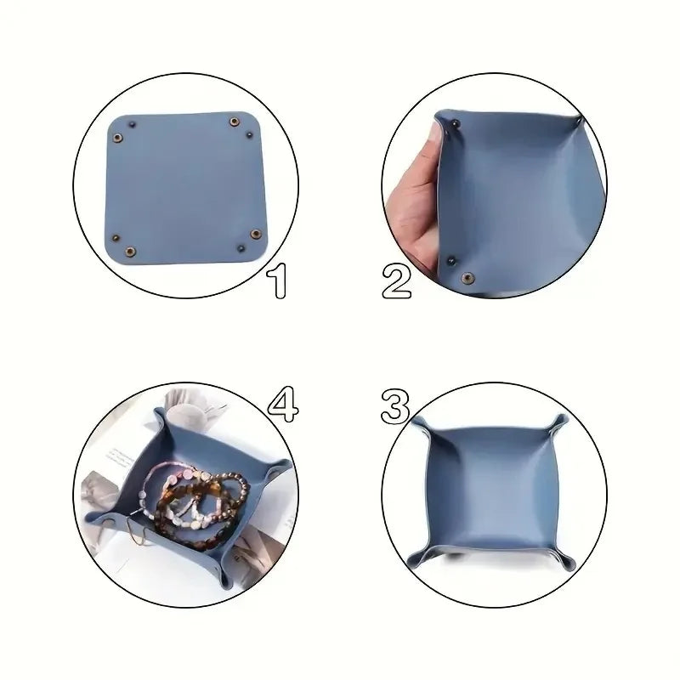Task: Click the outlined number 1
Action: tap(276, 281)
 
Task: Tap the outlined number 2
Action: tap(396, 281)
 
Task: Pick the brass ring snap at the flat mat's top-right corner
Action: tap(234, 123)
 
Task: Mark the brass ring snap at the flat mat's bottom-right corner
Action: tap(254, 234)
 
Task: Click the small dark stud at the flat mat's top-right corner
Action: tap(248, 134)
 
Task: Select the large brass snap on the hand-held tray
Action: tap(466, 278)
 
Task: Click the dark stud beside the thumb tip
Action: tap(455, 125)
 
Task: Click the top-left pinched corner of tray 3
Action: tap(417, 422)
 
